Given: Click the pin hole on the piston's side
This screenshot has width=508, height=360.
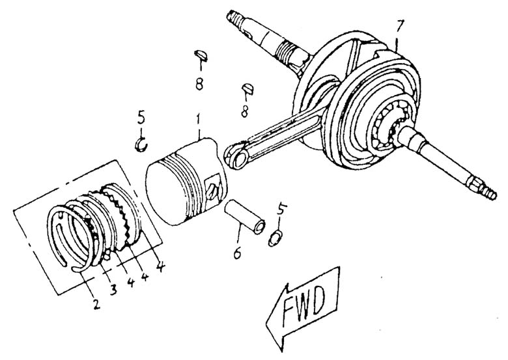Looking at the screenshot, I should tap(212, 189).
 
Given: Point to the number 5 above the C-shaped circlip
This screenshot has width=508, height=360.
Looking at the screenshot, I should tap(141, 120).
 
